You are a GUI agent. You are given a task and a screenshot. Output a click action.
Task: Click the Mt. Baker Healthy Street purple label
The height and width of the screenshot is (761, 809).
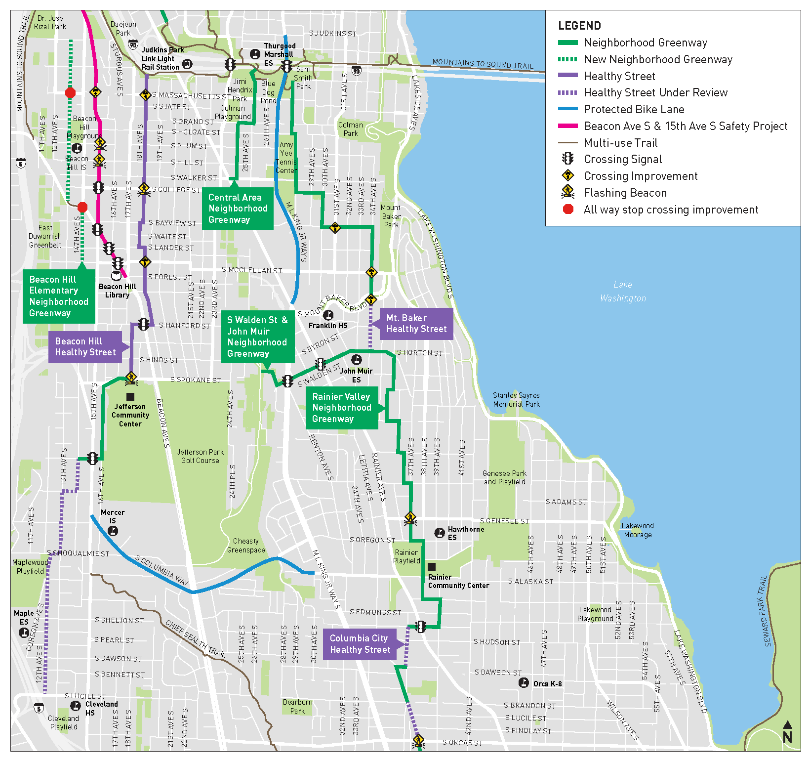pyautogui.click(x=416, y=324)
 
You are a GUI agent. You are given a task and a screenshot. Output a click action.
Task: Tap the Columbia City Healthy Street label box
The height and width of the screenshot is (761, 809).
pyautogui.click(x=360, y=644)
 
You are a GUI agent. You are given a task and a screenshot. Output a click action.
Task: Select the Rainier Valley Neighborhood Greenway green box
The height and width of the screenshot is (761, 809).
pyautogui.click(x=341, y=408)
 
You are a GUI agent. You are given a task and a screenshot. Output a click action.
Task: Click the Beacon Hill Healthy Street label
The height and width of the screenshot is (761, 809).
pyautogui.click(x=85, y=347)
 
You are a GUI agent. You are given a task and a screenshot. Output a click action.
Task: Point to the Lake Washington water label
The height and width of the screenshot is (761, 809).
pyautogui.click(x=623, y=292)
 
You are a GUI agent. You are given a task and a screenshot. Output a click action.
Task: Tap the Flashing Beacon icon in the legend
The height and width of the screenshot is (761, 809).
pyautogui.click(x=568, y=192)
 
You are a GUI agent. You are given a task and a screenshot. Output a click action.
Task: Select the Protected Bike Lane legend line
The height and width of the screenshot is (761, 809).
pyautogui.click(x=567, y=109)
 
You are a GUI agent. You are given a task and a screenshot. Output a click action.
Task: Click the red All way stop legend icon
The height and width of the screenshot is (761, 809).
pyautogui.click(x=568, y=209)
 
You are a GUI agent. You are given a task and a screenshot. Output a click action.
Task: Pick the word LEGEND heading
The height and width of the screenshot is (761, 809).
pyautogui.click(x=579, y=26)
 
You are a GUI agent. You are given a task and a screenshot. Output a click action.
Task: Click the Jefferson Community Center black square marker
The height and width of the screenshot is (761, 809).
pyautogui.click(x=130, y=396)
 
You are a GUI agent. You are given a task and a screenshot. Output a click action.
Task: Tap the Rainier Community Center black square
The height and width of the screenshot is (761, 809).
pyautogui.click(x=431, y=567)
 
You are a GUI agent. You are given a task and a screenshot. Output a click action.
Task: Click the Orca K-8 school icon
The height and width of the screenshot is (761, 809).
pyautogui.click(x=524, y=682)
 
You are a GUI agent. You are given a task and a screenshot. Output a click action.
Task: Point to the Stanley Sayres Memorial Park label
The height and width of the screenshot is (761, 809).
pyautogui.click(x=516, y=400)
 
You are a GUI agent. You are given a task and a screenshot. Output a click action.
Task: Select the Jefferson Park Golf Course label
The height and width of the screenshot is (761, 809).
pyautogui.click(x=200, y=456)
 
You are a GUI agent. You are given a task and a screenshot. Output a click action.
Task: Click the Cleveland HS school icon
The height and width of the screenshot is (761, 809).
pyautogui.click(x=76, y=705)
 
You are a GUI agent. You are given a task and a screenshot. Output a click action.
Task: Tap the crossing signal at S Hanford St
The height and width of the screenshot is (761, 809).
pyautogui.click(x=143, y=325)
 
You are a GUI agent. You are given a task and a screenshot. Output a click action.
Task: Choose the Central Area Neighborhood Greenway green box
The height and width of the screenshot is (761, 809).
pyautogui.click(x=238, y=209)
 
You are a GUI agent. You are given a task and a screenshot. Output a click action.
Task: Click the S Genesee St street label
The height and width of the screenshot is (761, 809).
pyautogui.click(x=504, y=521)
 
